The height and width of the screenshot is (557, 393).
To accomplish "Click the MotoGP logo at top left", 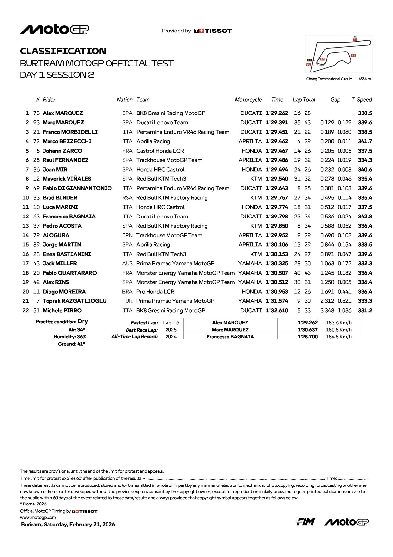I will click(54, 30).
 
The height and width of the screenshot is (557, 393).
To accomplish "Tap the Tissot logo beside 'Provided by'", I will click(213, 31).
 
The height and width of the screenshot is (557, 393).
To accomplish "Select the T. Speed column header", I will click(362, 100).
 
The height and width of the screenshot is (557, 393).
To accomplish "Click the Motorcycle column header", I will click(248, 100).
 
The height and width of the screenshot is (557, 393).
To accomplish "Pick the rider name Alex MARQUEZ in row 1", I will click(63, 113).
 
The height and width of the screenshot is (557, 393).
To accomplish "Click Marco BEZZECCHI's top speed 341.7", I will click(365, 141).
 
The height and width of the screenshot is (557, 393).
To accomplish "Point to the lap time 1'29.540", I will click(277, 179).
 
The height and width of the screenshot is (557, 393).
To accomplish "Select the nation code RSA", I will click(127, 198).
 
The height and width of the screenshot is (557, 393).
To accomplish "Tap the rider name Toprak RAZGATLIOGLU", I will click(74, 301).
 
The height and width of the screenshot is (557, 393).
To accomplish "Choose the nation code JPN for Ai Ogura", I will click(127, 236).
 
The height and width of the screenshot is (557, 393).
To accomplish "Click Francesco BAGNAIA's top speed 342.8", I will click(365, 217).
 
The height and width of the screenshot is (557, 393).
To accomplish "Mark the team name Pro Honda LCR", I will click(155, 292).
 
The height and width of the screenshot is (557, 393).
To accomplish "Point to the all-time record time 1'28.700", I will click(307, 337).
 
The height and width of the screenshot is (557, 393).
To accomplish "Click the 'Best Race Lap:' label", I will click(142, 330).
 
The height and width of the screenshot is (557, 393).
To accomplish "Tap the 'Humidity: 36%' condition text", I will click(70, 337).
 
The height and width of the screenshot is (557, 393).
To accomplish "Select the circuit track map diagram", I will click(339, 54).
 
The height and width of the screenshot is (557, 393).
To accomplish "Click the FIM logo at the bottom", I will click(305, 522).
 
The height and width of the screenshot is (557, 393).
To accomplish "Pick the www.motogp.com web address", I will click(38, 517).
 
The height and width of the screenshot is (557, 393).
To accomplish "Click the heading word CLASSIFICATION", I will click(63, 51).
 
